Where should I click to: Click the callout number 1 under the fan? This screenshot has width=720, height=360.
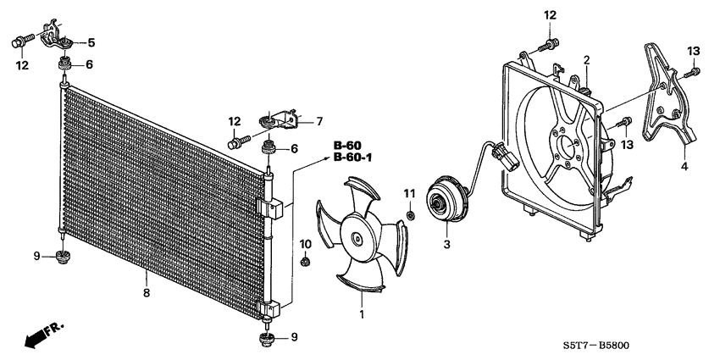(x=363, y=314)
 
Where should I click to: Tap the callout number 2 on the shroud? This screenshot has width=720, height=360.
(x=585, y=58)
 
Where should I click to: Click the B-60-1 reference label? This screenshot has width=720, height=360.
(x=352, y=157)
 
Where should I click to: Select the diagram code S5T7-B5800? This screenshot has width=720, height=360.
(x=653, y=346)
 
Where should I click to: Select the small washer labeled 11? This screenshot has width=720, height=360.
(x=410, y=214)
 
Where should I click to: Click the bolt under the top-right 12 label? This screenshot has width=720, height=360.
(x=552, y=42)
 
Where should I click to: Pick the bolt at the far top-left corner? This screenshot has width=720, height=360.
(x=19, y=39)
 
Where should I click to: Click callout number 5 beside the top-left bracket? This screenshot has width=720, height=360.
(x=91, y=42)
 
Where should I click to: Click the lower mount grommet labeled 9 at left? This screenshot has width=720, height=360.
(x=63, y=256)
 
